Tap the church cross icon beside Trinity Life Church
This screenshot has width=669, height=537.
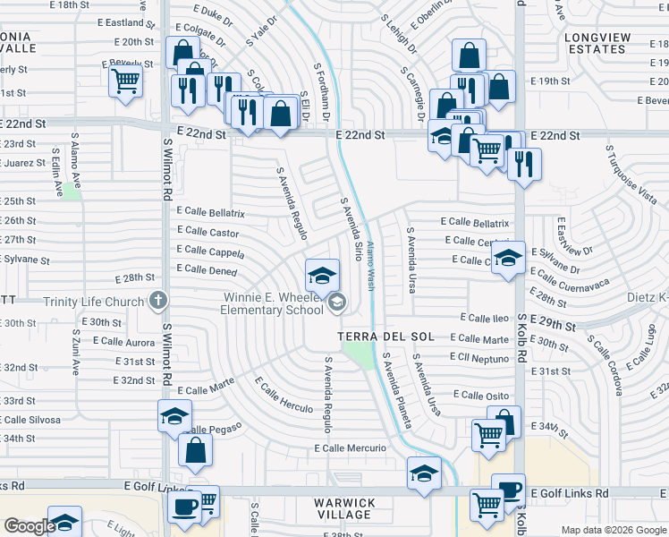(x=158, y=301)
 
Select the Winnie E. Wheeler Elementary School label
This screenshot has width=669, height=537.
(x=272, y=303)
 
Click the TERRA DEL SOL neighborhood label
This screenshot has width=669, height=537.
(x=386, y=337)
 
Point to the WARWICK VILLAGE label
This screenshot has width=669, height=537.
(x=343, y=508)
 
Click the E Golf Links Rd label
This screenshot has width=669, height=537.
(x=569, y=493)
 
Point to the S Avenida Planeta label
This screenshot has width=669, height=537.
(x=397, y=389)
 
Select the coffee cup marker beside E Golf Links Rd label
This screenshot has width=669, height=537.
(x=508, y=490)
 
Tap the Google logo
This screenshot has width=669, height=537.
(x=29, y=526)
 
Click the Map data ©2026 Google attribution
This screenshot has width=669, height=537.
(x=613, y=530)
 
